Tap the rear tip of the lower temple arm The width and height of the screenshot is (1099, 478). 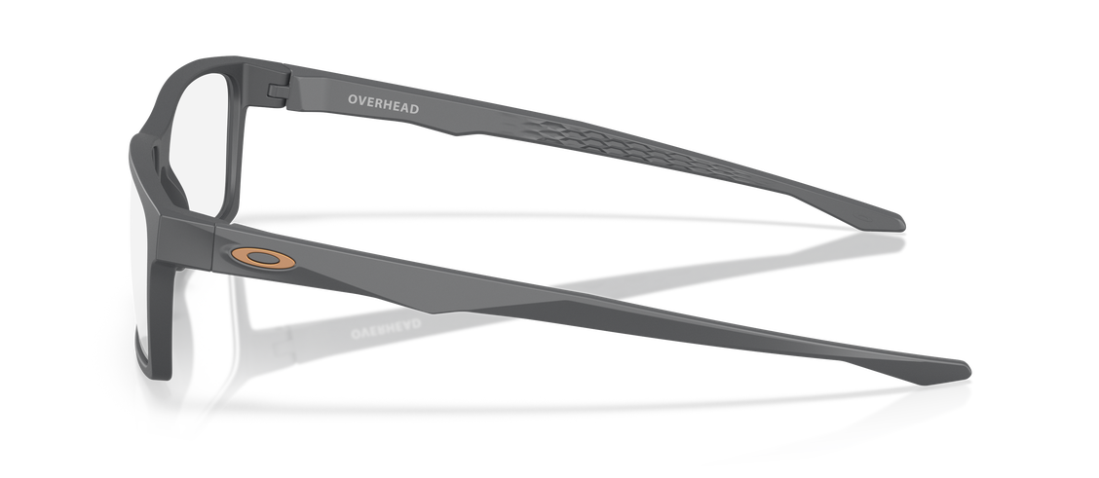point(970,370)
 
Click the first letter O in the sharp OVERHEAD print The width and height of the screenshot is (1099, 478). point(353,99)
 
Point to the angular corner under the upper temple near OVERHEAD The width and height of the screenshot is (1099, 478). point(456,133)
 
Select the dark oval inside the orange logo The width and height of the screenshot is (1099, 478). point(263,258)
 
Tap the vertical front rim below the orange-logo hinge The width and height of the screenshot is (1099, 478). point(160,322)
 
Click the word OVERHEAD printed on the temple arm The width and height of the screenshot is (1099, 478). point(384,104)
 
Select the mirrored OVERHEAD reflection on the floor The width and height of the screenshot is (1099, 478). point(386,327)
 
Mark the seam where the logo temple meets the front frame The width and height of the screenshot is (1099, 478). point(213,245)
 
